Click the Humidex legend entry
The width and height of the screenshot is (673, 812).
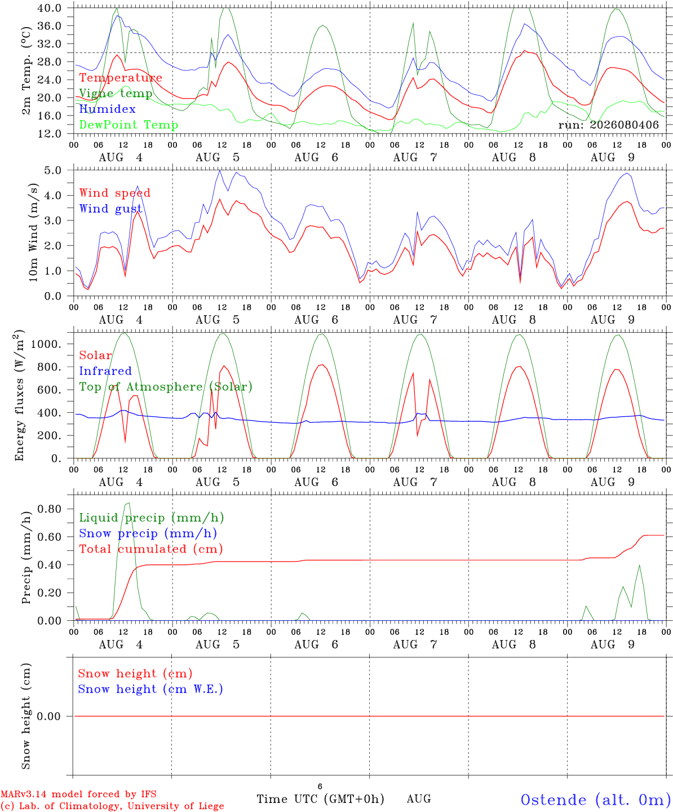point(107,109)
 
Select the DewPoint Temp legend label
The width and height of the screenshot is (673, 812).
point(129,125)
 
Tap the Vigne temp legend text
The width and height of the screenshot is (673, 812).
point(116,94)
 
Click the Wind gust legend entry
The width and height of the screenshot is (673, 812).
point(111,209)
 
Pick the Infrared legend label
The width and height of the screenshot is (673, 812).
point(105,371)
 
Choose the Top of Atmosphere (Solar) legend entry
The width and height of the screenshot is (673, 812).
point(166,387)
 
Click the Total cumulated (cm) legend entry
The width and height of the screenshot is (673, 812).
point(151,549)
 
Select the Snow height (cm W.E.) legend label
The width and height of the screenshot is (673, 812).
point(150,689)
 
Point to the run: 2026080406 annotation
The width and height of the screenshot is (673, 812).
point(608,125)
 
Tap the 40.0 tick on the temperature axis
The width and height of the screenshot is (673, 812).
point(50,8)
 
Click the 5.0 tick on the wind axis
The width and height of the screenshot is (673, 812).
point(52,170)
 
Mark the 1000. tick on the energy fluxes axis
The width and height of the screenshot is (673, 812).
point(46,344)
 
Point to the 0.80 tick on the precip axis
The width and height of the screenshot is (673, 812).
point(50,509)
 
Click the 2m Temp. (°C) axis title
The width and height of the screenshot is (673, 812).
point(26,70)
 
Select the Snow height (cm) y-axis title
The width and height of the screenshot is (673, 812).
point(26,716)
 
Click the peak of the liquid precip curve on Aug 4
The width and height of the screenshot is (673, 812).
point(129,503)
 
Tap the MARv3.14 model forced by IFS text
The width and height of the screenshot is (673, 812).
point(78,794)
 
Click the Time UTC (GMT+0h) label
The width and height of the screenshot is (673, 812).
point(320,799)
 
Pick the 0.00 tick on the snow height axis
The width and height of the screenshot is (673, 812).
point(48,716)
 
